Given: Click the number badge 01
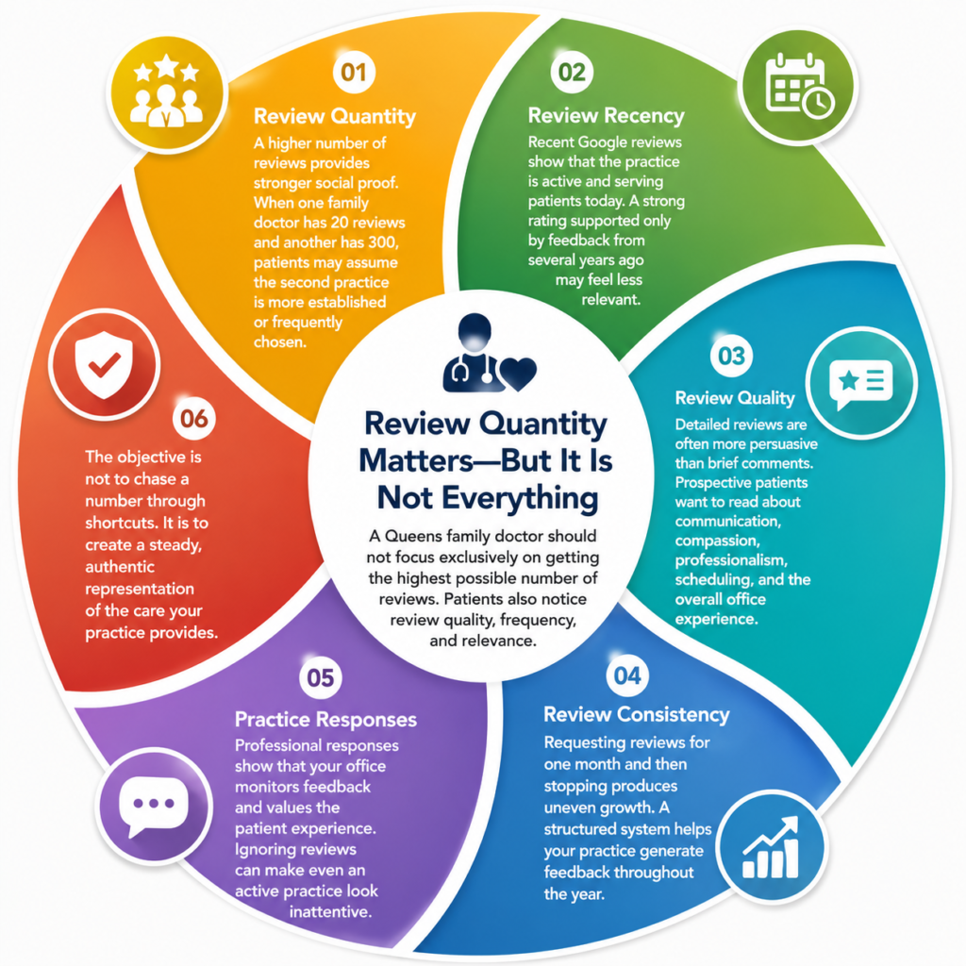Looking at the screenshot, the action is click(x=354, y=72).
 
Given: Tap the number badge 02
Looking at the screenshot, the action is click(x=572, y=72).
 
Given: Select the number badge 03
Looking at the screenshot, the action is click(x=731, y=356).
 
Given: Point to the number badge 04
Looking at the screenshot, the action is click(x=627, y=675).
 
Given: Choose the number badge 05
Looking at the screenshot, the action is click(x=321, y=677).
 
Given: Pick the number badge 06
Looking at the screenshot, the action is click(x=194, y=419).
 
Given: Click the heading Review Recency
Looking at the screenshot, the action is click(x=607, y=115).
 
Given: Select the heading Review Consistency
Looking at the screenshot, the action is click(x=637, y=715).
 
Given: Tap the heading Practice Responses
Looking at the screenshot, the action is click(x=325, y=720).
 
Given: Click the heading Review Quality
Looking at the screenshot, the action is click(x=735, y=398).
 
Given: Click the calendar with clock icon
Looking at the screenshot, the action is click(x=800, y=86).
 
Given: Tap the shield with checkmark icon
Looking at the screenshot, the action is click(x=104, y=365).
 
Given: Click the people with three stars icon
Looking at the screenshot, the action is click(x=166, y=92).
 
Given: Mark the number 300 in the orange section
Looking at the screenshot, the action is click(x=381, y=242).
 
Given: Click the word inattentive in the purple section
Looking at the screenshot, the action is click(x=331, y=912).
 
